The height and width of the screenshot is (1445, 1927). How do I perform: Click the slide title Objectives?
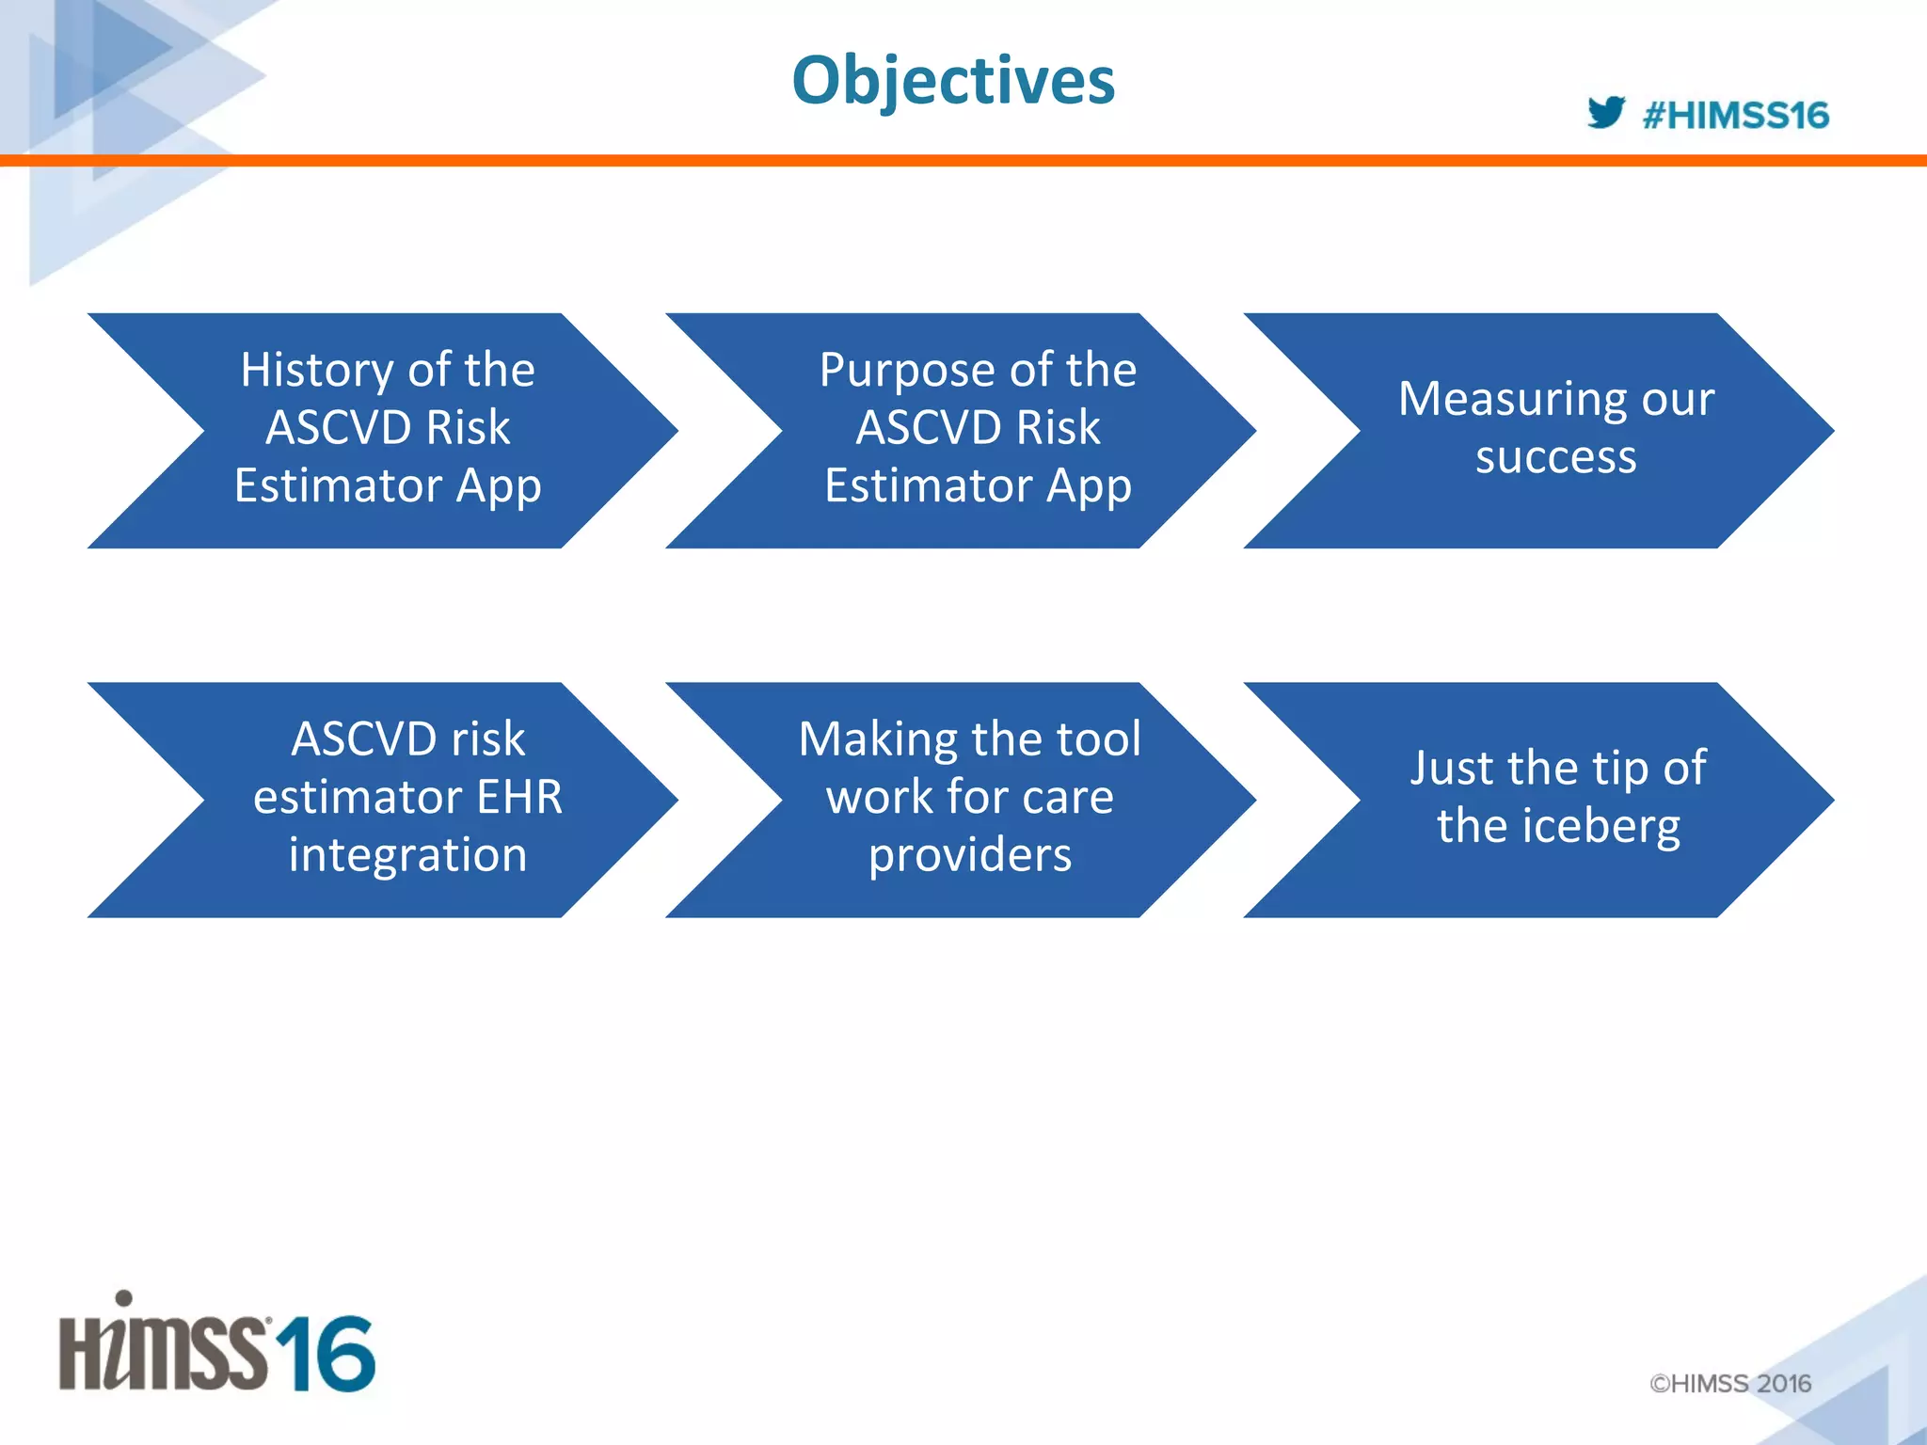coord(953,81)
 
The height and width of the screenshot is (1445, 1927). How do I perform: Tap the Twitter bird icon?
coord(1605,113)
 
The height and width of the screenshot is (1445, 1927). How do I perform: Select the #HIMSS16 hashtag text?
coord(1735,116)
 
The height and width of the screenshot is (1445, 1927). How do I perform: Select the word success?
coord(1555,457)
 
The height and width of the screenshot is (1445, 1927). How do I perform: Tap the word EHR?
coord(519,797)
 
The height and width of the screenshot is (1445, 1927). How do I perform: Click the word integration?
coord(407,855)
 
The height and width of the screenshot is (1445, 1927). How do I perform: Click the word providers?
coord(969,855)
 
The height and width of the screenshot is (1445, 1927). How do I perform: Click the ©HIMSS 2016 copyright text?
coord(1729,1383)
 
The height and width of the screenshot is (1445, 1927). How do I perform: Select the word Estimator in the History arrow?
coord(338,486)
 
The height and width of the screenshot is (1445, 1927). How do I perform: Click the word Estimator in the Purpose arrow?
coord(928,486)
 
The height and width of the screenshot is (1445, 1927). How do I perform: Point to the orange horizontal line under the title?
coord(963,161)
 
